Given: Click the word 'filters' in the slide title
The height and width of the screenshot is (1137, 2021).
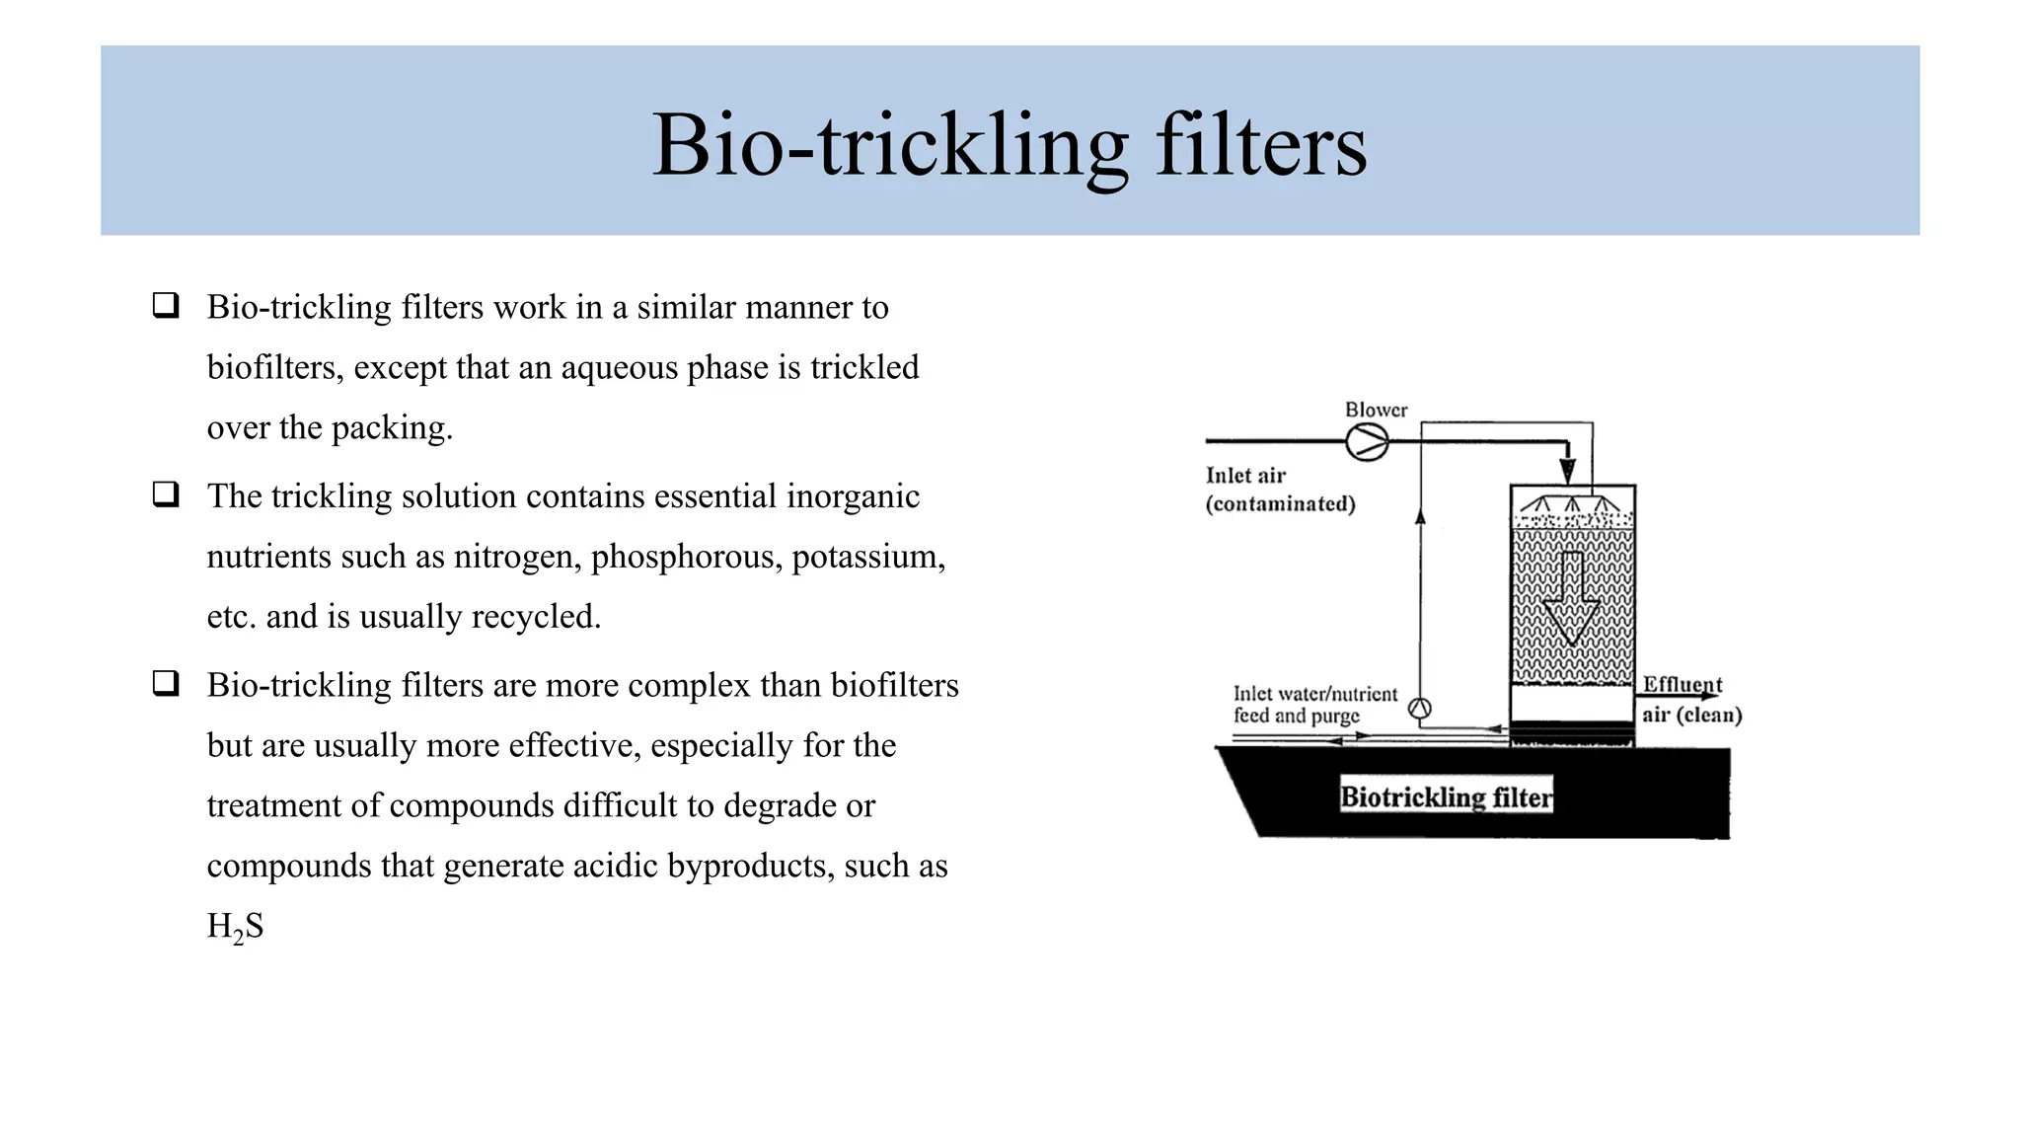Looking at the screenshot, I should click(1260, 145).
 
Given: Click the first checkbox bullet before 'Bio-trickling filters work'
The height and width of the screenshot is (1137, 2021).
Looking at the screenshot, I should click(166, 305).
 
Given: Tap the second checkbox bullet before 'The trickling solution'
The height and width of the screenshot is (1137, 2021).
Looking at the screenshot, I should click(166, 493).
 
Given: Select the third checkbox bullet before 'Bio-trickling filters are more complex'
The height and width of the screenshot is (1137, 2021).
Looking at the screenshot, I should click(166, 683).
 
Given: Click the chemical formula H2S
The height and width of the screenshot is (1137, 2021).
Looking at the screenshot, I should click(235, 927).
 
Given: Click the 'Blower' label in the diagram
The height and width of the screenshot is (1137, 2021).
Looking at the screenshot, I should click(1376, 410).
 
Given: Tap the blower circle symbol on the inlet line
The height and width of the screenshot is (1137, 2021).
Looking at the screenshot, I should click(1367, 442).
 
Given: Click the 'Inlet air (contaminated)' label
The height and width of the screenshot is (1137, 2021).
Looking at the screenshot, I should click(1280, 490).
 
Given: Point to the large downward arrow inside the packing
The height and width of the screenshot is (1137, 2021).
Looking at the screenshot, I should click(1571, 598).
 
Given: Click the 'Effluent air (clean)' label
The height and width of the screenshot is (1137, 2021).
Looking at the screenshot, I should click(1690, 700).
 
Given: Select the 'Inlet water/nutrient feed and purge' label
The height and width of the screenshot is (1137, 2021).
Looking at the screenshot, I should click(1314, 705).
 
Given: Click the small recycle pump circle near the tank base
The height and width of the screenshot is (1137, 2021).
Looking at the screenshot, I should click(1420, 708).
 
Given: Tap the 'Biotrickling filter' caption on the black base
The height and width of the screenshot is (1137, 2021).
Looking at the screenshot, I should click(1446, 796).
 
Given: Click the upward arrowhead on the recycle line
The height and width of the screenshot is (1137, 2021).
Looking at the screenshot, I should click(1420, 516).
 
